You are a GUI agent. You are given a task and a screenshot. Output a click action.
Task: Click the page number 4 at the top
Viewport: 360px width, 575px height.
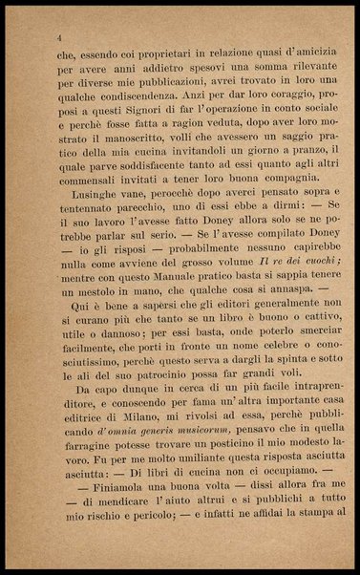pos(60,36)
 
